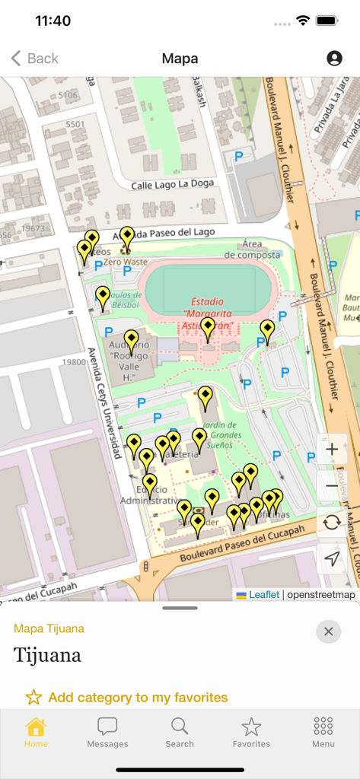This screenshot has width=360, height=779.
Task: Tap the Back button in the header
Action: point(34,59)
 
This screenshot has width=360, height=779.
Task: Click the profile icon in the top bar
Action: point(334,59)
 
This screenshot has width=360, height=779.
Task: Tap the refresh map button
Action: point(332,522)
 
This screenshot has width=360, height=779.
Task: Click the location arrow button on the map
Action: point(332,559)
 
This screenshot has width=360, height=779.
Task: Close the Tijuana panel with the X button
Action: point(328,631)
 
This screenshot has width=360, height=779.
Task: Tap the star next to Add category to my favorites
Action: point(33,698)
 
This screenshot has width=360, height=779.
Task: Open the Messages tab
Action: point(107,732)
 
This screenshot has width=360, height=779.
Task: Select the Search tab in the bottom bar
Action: point(180,732)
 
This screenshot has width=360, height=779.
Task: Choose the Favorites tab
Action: point(251,732)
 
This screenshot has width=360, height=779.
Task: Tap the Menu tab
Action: point(323,732)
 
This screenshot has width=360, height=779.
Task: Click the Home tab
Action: point(36,732)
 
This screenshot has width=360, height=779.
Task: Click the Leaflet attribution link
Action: point(263,595)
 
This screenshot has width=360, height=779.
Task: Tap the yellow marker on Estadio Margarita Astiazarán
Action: point(208,329)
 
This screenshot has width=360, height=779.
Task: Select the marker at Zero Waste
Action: point(127,237)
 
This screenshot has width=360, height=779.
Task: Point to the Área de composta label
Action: point(251,250)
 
